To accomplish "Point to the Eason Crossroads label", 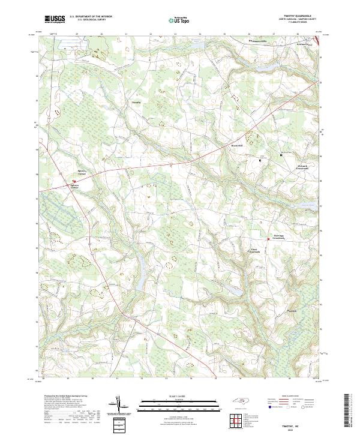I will click(256, 251).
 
